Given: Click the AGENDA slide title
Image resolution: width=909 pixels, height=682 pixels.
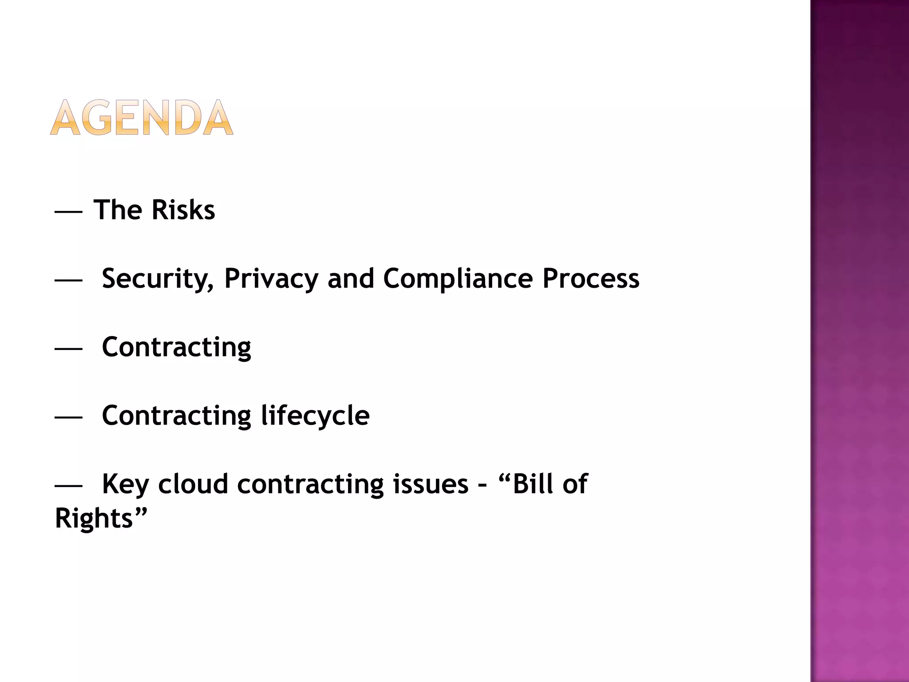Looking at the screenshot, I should (142, 118).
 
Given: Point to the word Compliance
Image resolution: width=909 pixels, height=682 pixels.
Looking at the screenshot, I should (458, 279).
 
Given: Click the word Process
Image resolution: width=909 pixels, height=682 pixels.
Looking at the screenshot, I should (591, 279).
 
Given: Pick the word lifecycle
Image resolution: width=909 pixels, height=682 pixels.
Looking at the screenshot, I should (315, 416).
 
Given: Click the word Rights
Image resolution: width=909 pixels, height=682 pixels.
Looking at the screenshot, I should (94, 518).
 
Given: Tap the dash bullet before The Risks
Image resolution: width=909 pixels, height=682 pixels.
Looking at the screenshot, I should (68, 212).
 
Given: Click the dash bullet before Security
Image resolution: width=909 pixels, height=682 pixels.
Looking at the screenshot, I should (68, 281).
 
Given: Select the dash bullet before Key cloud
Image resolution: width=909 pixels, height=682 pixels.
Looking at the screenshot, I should (68, 486).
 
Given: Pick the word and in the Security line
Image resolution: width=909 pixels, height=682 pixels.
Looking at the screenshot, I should (351, 279).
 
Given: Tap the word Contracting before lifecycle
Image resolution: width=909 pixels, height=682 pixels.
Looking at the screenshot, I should (176, 416).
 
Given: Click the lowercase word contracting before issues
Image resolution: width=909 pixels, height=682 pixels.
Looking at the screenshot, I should (310, 484).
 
